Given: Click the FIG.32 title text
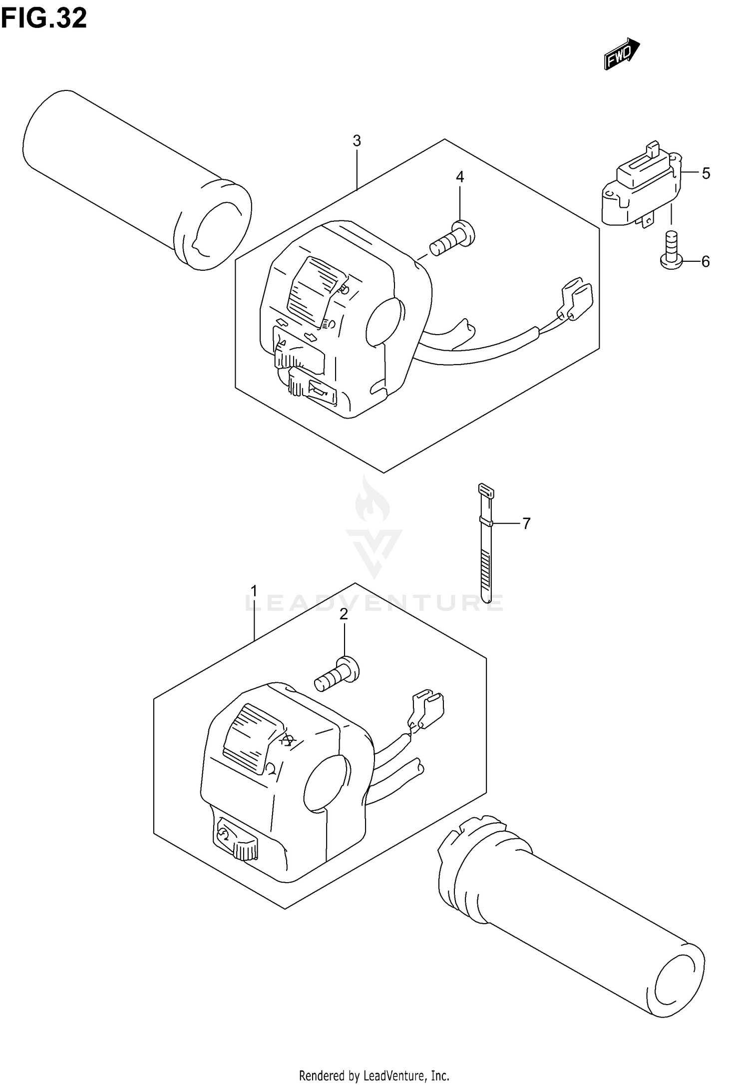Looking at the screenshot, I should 44,18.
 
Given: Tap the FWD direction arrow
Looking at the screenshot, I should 622,53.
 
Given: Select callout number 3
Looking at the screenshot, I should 357,141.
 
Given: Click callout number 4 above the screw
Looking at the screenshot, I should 459,177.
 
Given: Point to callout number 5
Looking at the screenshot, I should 706,173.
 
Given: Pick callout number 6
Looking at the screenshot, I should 705,261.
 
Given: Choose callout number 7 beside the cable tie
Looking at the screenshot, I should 526,524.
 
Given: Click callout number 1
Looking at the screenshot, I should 254,591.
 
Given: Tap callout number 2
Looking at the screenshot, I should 344,614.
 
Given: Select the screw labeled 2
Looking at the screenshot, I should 337,674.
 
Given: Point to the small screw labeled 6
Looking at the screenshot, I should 671,250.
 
